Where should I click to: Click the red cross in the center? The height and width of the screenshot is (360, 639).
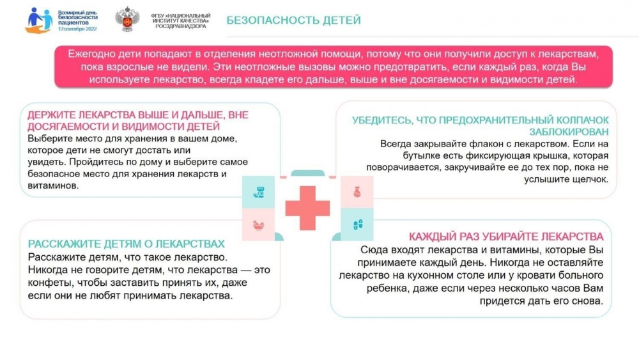tap(307, 208)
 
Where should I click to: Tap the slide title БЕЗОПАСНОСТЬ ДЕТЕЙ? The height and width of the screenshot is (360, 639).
tap(293, 20)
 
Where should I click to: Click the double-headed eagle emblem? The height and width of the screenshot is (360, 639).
tap(127, 19)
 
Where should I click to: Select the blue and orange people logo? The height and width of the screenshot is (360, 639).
tap(39, 20)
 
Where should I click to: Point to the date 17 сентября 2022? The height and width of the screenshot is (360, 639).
tap(77, 29)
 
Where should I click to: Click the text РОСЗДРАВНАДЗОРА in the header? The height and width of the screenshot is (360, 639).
tap(181, 26)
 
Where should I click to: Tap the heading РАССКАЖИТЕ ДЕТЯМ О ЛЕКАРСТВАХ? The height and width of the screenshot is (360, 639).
tap(127, 244)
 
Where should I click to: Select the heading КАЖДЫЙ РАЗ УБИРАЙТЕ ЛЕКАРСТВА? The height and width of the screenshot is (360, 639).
tap(506, 237)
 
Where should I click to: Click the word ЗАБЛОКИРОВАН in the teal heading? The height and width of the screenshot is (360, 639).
tap(569, 132)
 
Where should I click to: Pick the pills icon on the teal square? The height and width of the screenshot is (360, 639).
tap(357, 224)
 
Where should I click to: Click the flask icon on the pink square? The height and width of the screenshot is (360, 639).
tap(357, 192)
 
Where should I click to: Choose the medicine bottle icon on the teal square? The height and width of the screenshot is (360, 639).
tap(258, 192)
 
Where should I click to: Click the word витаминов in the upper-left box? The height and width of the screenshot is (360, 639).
tap(53, 185)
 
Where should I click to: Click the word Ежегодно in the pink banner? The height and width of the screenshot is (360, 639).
tap(91, 54)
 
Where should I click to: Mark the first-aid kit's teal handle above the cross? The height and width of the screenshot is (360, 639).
tap(308, 173)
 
